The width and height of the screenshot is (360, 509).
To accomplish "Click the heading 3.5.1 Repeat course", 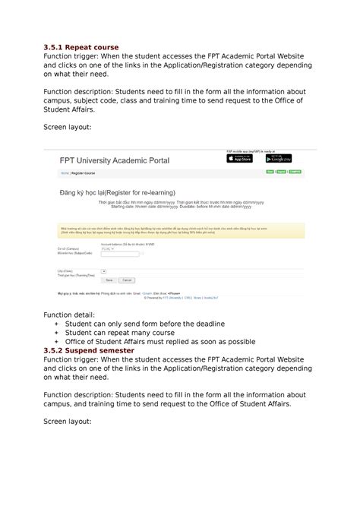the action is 81,47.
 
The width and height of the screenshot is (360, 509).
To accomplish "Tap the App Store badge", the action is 240,159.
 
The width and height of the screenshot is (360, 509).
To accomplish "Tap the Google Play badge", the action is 278,159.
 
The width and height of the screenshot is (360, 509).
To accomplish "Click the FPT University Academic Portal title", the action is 115,161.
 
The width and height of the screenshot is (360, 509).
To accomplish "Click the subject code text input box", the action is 120,254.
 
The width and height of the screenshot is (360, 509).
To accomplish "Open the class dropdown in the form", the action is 103,270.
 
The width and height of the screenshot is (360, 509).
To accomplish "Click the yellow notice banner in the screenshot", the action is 180,230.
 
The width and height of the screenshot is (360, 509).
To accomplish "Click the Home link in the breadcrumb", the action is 65,174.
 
